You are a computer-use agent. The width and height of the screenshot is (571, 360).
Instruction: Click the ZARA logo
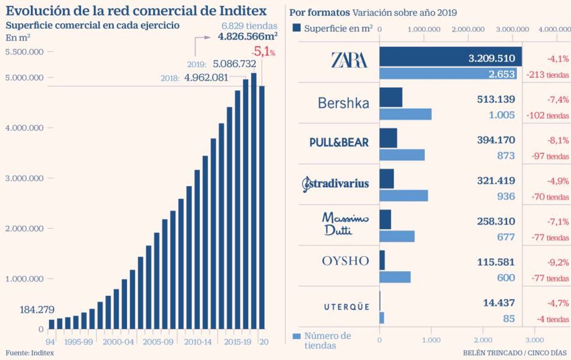click(349, 60)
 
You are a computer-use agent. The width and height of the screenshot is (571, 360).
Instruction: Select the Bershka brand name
click(343, 103)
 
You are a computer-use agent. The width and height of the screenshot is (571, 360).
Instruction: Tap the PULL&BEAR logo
click(339, 142)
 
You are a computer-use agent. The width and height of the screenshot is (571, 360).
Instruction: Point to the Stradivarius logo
click(335, 183)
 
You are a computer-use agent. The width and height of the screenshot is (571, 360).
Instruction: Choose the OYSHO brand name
click(345, 261)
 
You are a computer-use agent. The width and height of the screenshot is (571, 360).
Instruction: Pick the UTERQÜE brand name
click(346, 307)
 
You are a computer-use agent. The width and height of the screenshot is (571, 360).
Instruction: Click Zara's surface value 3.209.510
click(492, 59)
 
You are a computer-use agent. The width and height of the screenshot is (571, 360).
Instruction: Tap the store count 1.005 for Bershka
click(502, 115)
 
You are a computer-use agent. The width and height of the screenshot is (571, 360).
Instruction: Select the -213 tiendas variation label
click(547, 74)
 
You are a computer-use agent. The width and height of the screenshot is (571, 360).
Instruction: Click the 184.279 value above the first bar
click(37, 310)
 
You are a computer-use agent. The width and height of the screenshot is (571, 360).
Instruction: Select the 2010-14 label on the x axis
click(197, 342)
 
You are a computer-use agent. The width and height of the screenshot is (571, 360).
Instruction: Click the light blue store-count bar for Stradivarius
click(404, 196)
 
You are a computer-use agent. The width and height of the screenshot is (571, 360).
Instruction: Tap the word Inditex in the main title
click(238, 11)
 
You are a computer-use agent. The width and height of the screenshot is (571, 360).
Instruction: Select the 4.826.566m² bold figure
click(248, 36)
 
